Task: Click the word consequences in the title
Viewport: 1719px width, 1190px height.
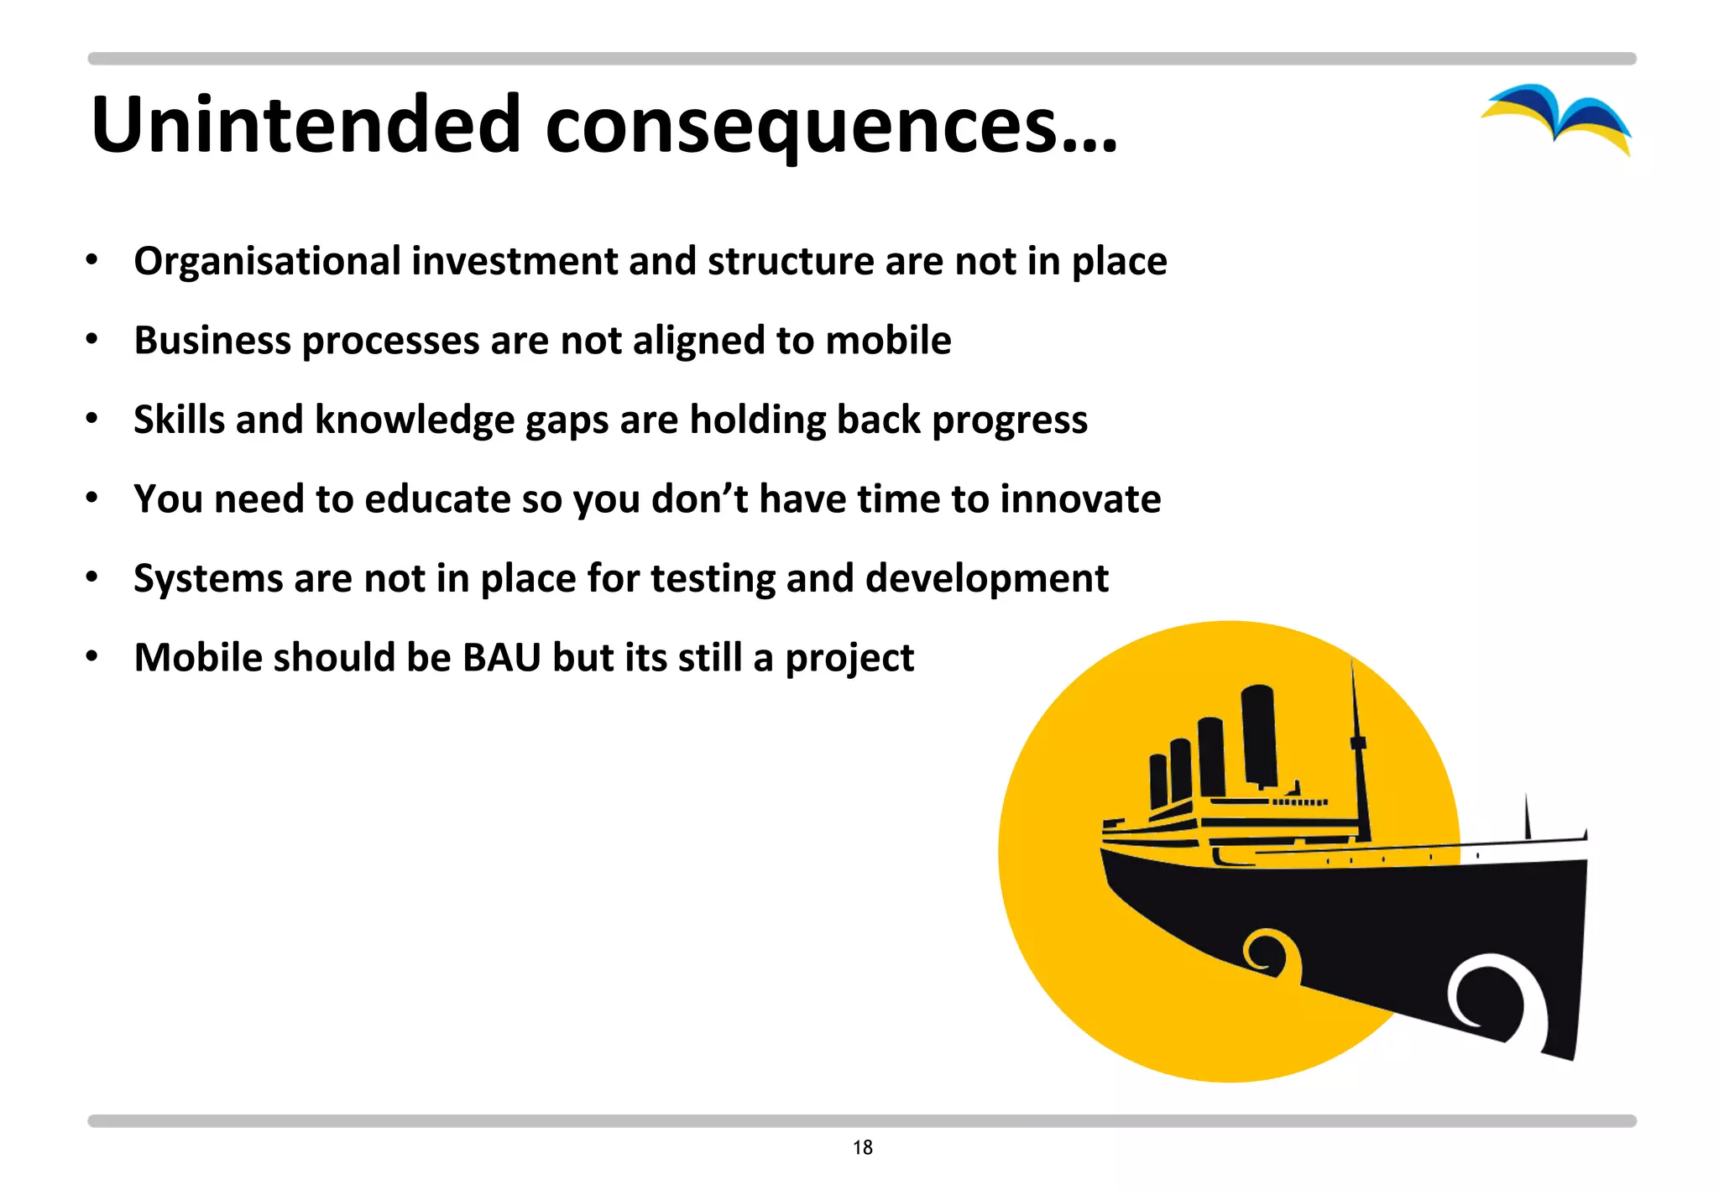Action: click(802, 126)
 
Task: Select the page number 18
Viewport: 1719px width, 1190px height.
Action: click(862, 1147)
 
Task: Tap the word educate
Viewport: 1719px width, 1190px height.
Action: click(437, 499)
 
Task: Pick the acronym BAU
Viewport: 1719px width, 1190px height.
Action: click(502, 657)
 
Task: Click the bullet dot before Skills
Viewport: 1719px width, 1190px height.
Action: click(92, 419)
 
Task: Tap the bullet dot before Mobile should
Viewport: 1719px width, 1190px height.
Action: click(92, 656)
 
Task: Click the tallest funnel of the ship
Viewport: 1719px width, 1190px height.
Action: click(1259, 734)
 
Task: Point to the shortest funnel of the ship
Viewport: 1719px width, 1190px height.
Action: click(1158, 780)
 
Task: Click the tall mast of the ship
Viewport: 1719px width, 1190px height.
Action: click(1358, 747)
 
